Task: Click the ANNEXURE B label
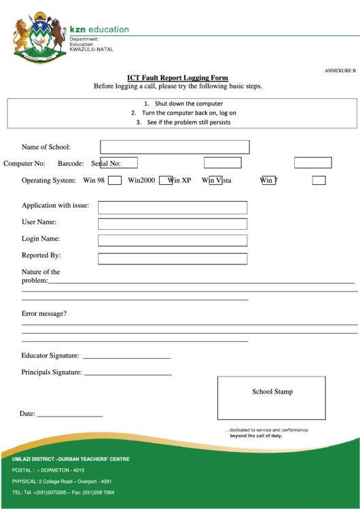click(x=339, y=71)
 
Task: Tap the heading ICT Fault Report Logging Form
click(x=178, y=77)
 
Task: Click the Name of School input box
click(x=175, y=147)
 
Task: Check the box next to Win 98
click(x=115, y=180)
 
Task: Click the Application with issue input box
click(x=173, y=207)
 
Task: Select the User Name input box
click(x=173, y=224)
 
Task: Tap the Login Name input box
click(x=173, y=240)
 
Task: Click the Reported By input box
click(x=173, y=258)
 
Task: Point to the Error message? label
click(x=44, y=313)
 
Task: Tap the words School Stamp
click(x=272, y=391)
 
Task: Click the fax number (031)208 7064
click(x=98, y=492)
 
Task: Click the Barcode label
click(x=71, y=163)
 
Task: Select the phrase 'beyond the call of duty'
click(x=255, y=436)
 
